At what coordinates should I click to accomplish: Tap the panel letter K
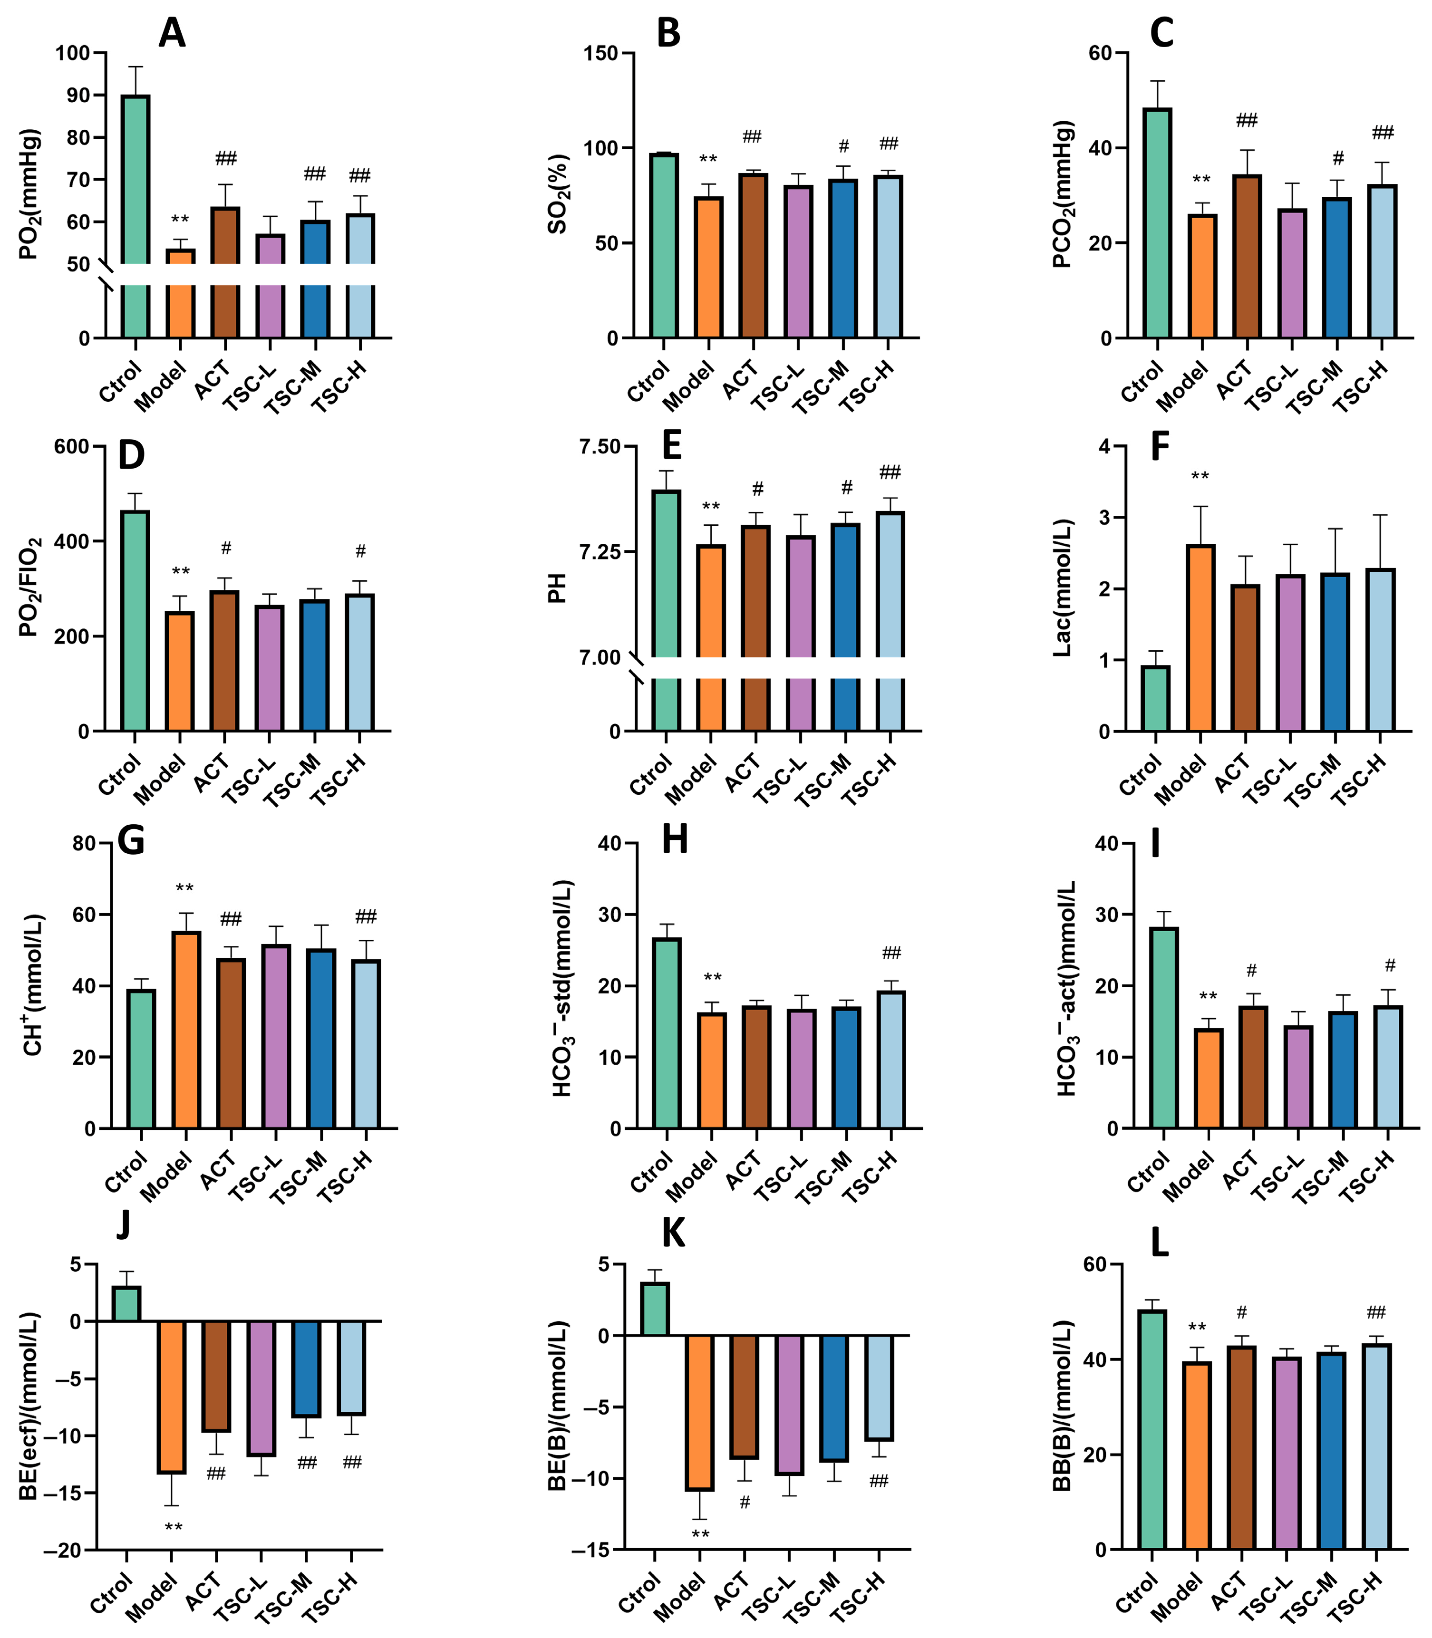tap(673, 1233)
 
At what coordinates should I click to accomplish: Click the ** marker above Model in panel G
tap(184, 888)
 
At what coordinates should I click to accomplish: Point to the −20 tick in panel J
tap(64, 1550)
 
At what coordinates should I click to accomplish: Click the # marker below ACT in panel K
tap(745, 1502)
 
